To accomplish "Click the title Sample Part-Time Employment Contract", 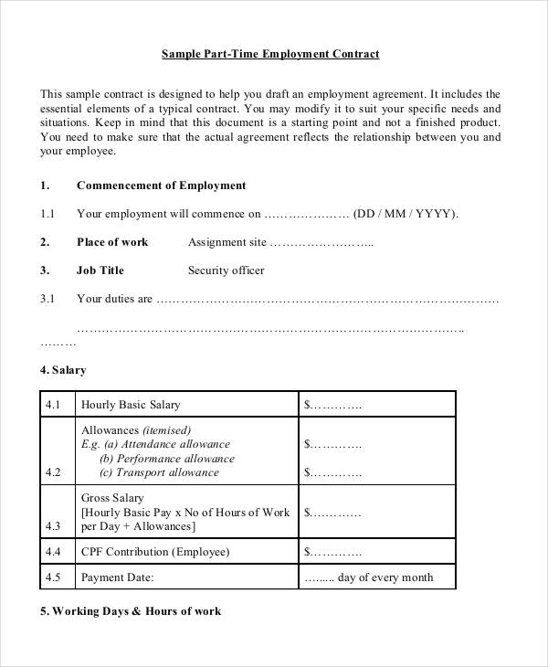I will pos(270,54).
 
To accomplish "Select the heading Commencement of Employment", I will pos(161,185).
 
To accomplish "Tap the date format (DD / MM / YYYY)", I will pos(406,214).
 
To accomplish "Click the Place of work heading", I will pos(112,242).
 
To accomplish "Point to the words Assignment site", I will pos(227,243).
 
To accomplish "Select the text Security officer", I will pos(226,270).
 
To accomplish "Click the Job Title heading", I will pos(100,270).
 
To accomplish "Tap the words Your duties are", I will pos(114,299).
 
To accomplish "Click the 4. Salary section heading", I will pos(63,370).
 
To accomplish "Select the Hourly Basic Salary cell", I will pos(131,405).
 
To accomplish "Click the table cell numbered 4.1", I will pos(52,405).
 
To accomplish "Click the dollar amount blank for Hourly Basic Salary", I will pos(332,405).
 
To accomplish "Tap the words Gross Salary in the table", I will pos(112,499).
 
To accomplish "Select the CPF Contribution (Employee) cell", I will pos(155,552).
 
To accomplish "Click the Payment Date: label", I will pos(117,577).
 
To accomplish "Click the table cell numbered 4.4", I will pos(52,552).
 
